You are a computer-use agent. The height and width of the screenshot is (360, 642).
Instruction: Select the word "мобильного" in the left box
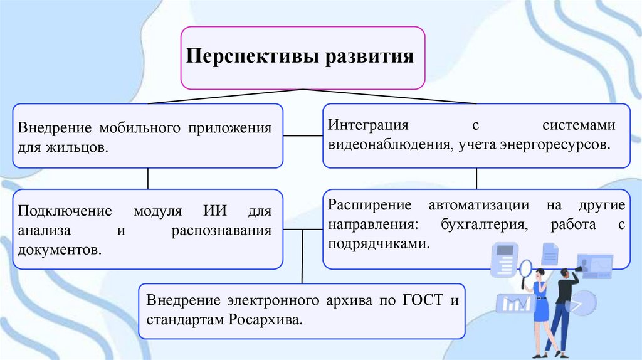click(140, 128)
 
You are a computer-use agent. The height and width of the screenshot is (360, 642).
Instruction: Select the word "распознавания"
click(221, 230)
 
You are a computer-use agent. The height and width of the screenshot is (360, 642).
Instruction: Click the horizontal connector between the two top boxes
click(302, 134)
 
